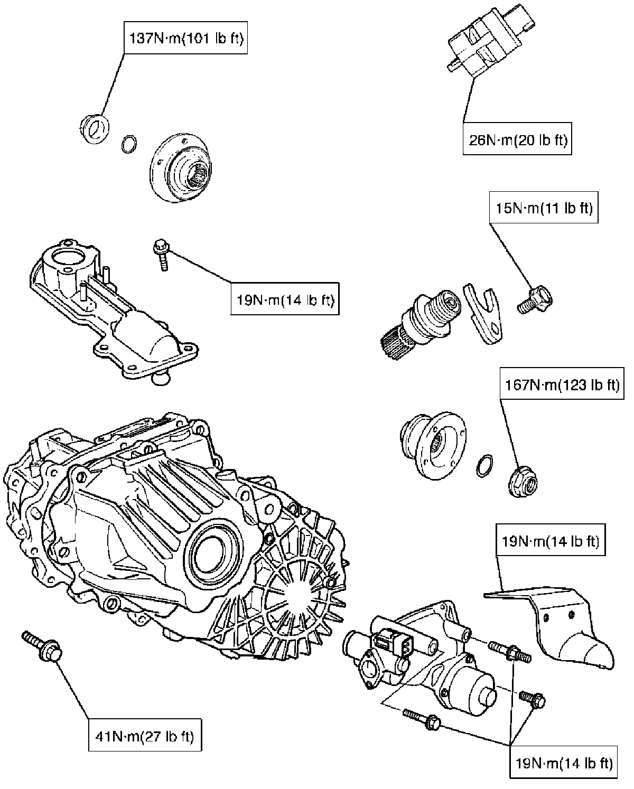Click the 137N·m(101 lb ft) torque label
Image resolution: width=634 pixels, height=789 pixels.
tap(185, 38)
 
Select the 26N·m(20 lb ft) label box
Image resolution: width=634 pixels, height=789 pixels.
tap(517, 139)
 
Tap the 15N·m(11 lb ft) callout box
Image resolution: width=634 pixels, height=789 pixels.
tap(544, 208)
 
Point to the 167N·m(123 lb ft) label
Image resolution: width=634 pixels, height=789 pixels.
tap(562, 384)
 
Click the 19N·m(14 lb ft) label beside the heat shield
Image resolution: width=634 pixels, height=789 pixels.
tap(551, 540)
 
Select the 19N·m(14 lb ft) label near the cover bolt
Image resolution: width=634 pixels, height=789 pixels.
tap(285, 299)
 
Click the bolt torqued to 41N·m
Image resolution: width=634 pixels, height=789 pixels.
tap(41, 646)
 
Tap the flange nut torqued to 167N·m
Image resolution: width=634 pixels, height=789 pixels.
tap(523, 481)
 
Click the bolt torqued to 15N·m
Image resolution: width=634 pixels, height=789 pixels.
tap(535, 300)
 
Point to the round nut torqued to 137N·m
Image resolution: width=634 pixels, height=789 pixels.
tap(95, 129)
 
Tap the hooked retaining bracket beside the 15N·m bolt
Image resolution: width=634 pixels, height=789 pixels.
tap(483, 314)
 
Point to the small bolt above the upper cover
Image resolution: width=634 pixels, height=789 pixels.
tap(162, 255)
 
